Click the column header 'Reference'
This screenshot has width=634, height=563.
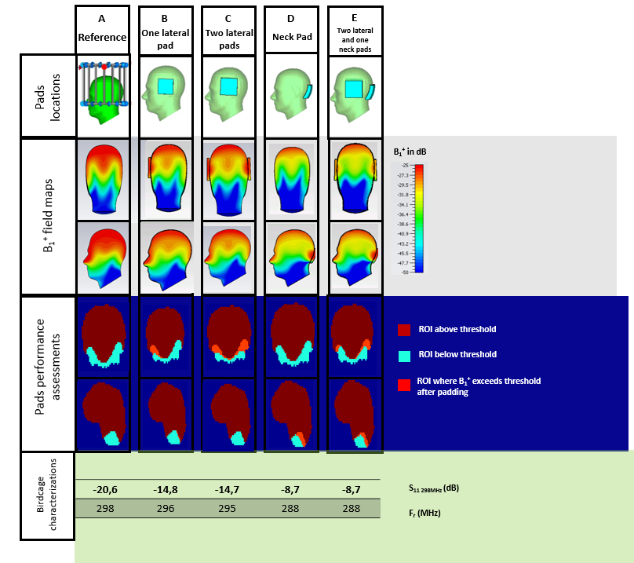(x=101, y=37)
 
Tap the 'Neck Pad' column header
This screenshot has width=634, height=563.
(x=290, y=37)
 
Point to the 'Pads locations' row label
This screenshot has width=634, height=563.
(x=46, y=97)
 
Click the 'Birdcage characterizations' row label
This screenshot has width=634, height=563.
(x=46, y=496)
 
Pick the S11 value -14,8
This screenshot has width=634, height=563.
(x=166, y=489)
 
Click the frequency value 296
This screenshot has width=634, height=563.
(x=166, y=508)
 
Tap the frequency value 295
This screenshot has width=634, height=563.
(x=228, y=508)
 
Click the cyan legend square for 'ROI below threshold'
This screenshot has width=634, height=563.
(x=404, y=356)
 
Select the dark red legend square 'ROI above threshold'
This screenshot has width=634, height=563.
(x=404, y=330)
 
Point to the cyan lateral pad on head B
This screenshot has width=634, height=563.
(x=165, y=86)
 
